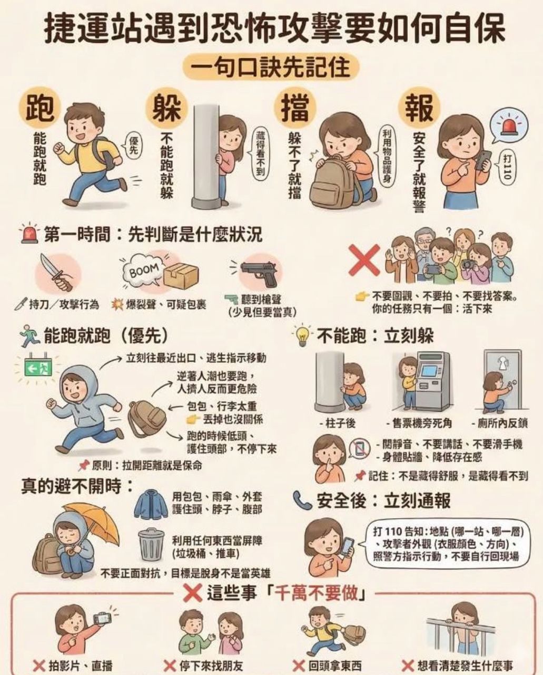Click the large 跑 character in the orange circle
click(39, 109)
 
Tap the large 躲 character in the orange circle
click(166, 109)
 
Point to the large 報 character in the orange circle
click(419, 109)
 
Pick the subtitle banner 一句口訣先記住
click(271, 67)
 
